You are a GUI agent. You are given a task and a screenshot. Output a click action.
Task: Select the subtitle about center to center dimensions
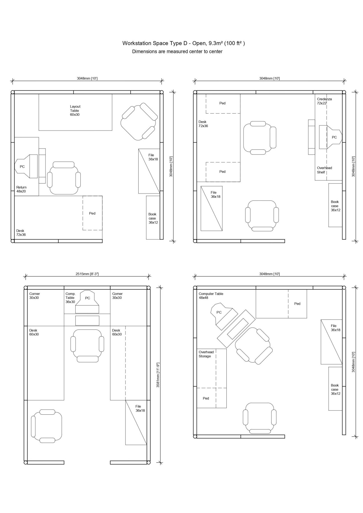[177, 52]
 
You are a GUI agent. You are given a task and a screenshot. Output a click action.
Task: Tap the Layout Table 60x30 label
[75, 111]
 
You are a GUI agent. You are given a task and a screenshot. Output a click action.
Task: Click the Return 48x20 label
[21, 189]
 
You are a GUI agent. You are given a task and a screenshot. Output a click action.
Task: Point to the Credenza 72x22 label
[324, 101]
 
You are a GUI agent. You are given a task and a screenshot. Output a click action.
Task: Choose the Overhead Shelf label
[325, 170]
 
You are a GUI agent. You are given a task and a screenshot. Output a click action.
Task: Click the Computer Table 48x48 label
[211, 296]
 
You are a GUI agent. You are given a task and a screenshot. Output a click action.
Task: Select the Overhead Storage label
[206, 354]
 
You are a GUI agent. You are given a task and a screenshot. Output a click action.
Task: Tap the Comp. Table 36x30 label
[70, 298]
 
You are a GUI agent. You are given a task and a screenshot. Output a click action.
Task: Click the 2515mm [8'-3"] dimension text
[87, 274]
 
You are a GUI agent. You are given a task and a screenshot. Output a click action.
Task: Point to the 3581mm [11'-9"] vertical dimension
[158, 375]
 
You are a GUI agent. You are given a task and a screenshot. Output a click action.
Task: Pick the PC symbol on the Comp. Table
[87, 302]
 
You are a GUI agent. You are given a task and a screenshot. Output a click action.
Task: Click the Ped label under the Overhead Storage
[206, 398]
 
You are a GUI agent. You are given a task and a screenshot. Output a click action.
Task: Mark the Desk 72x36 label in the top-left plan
[21, 233]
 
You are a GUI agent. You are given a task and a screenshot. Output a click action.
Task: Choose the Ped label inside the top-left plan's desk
[92, 213]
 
